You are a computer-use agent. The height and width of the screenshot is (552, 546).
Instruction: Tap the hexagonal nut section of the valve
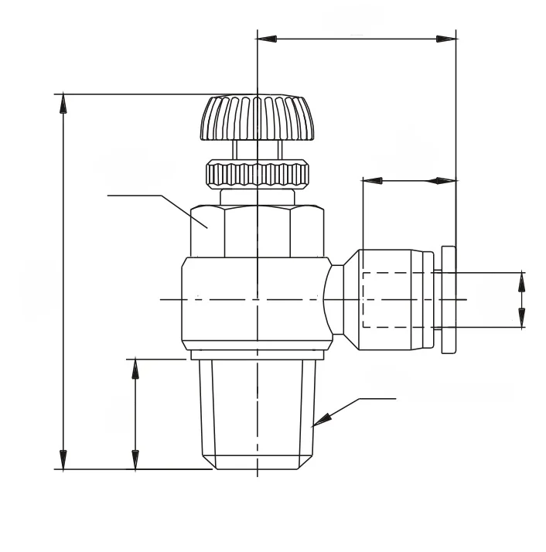[255, 230]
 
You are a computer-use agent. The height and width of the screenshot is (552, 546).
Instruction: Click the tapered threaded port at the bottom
[257, 414]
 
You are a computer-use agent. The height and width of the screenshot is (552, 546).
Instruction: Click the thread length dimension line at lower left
[135, 414]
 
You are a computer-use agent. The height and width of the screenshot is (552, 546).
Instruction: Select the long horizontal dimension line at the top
[356, 38]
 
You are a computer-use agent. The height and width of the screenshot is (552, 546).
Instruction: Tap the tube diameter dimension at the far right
[521, 299]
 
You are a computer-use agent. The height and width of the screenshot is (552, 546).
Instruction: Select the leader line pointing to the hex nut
[155, 196]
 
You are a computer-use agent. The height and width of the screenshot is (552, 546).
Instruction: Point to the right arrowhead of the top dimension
[446, 38]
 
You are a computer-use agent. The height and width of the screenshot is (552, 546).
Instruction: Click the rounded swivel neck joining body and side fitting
[335, 298]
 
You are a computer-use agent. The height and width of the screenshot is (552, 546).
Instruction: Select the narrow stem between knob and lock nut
[255, 149]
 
